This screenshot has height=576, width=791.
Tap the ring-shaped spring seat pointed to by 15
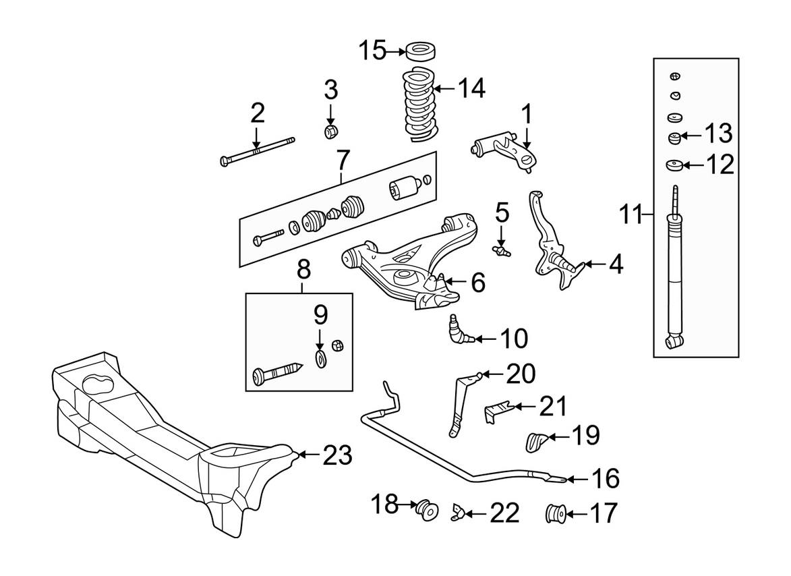tap(420, 51)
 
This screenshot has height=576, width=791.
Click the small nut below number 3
tap(331, 130)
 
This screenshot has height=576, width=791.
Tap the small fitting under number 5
tap(501, 252)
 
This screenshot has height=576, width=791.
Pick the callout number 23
tap(336, 455)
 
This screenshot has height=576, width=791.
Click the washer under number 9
tap(321, 357)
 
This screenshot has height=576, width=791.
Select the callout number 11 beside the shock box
tap(632, 214)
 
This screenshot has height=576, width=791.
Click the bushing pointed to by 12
tap(672, 165)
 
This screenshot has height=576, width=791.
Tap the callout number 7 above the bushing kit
tap(342, 161)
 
